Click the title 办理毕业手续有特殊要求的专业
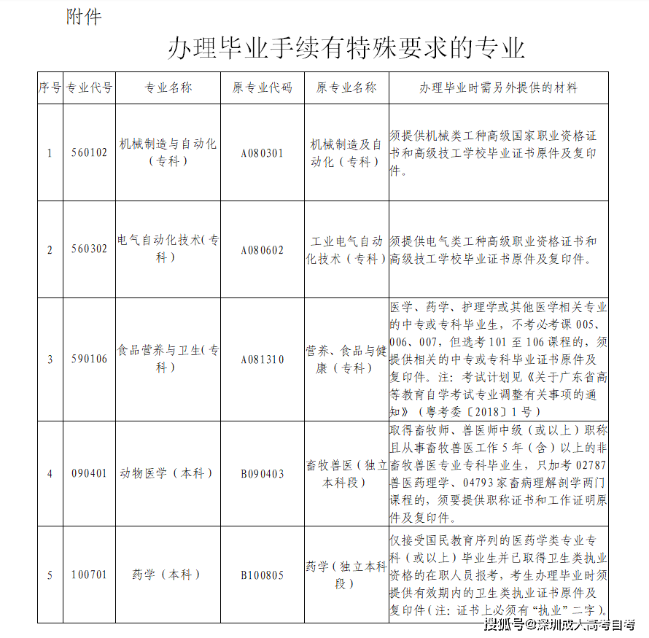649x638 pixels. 346,48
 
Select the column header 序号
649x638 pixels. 50,87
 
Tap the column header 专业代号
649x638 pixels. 89,87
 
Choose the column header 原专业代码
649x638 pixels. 263,87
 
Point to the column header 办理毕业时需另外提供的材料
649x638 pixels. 498,87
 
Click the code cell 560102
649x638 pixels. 89,152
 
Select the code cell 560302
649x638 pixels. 89,249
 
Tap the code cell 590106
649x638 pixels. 89,359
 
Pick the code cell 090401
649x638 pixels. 89,473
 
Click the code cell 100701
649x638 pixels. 89,575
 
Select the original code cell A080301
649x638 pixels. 263,152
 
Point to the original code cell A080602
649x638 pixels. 263,249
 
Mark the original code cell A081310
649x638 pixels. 263,359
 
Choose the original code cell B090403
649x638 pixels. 263,473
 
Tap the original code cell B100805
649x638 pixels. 263,575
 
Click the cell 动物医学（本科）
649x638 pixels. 168,473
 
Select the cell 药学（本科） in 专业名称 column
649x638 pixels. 168,575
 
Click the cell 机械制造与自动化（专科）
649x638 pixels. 168,152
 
